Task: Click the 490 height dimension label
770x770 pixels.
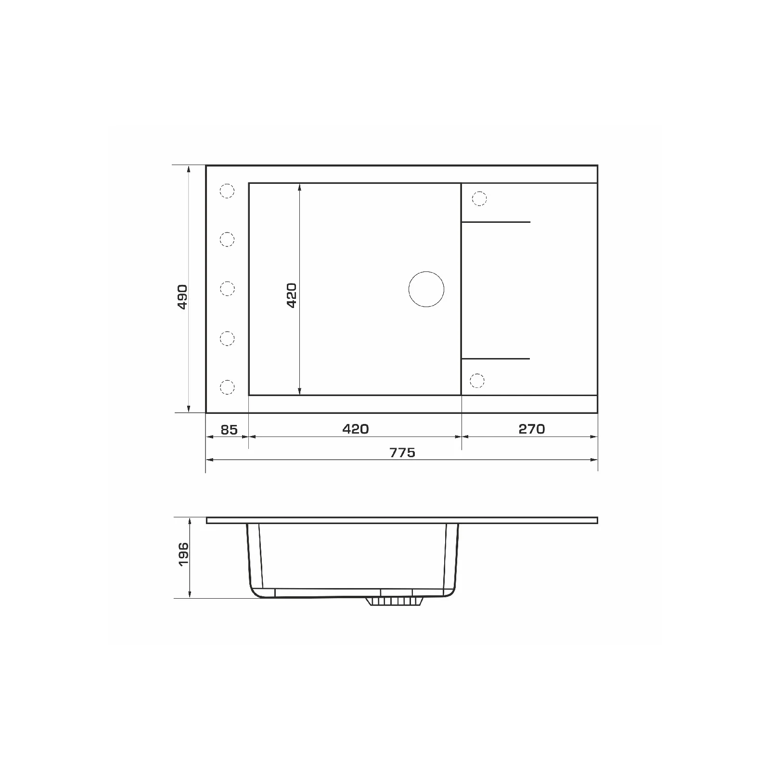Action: coord(182,296)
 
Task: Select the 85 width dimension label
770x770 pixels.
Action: coord(229,429)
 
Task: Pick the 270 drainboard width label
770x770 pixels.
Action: coord(532,429)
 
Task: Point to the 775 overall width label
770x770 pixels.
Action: coord(402,453)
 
